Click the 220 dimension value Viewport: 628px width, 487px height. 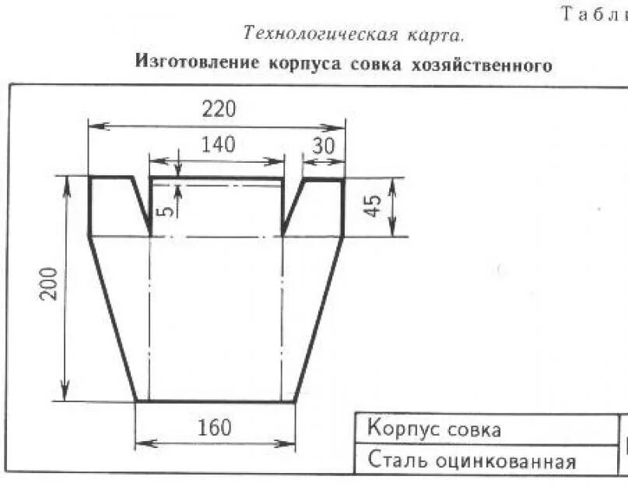(x=219, y=109)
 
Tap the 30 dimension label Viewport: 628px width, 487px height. (x=324, y=145)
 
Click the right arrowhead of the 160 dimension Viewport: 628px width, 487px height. (x=293, y=444)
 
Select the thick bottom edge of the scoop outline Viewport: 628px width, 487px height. (x=216, y=401)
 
